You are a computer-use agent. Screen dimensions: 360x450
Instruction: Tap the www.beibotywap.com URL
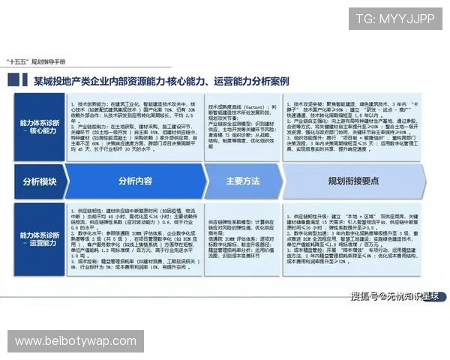[74, 341]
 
